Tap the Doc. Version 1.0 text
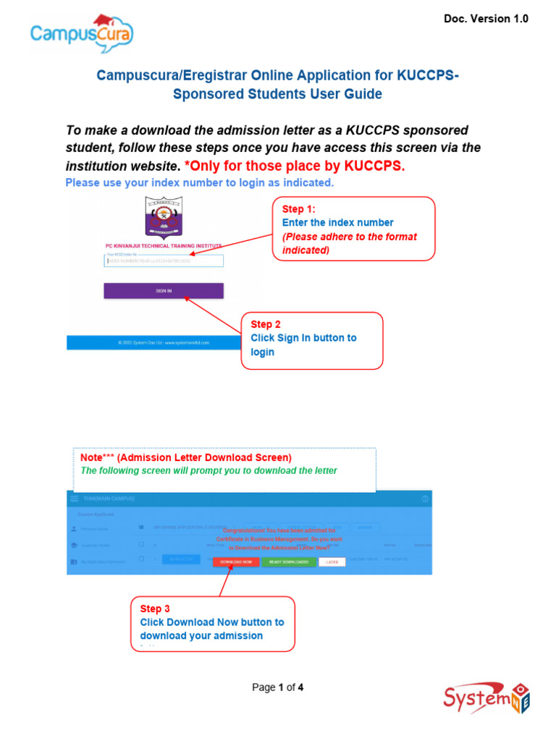[486, 19]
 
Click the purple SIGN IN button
[164, 291]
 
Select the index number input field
[164, 261]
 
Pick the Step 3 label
[155, 609]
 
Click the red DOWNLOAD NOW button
[236, 562]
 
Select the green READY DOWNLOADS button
[289, 562]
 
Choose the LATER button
[332, 562]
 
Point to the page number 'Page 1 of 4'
[277, 687]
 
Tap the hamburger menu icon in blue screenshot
[74, 499]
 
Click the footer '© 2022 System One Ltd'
[164, 342]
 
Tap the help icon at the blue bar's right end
[425, 499]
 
